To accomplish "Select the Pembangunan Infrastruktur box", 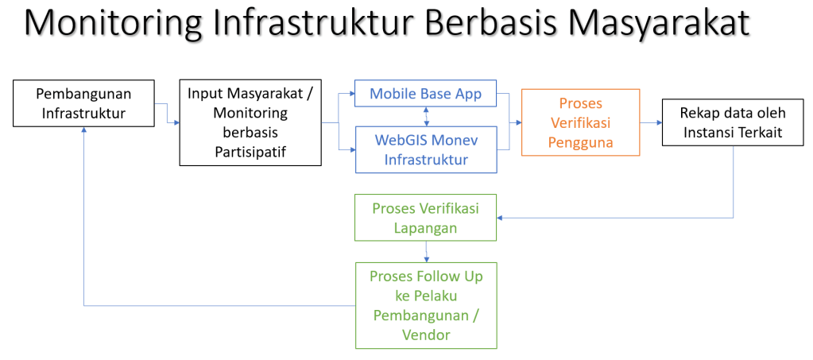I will pos(83,103).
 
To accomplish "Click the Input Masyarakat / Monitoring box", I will pos(250,122).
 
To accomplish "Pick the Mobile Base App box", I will pos(425,94).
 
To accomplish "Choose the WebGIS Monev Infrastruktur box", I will pos(425,149).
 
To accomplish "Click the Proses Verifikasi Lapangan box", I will pos(425,217).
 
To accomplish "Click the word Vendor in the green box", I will pos(425,335).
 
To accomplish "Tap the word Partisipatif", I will pos(250,151).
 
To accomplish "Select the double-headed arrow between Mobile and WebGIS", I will pos(428,115).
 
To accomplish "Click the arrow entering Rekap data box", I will pos(656,123).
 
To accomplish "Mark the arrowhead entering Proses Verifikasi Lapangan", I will pos(501,217).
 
